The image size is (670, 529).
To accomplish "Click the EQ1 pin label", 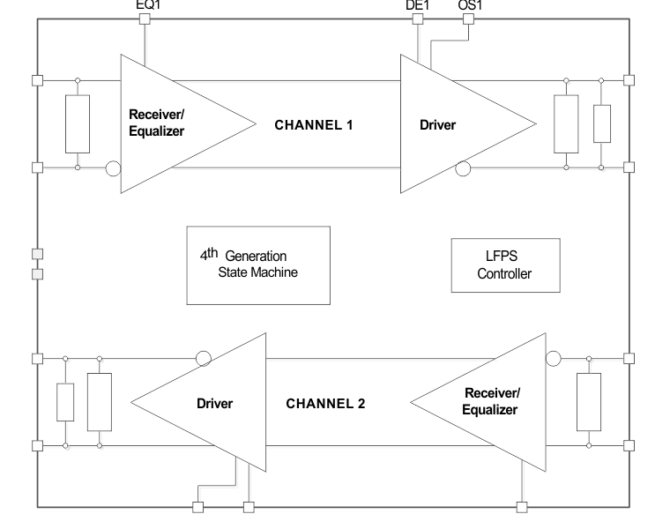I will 147,4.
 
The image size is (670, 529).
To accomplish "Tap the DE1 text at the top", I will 417,4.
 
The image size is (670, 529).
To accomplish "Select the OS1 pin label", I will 470,4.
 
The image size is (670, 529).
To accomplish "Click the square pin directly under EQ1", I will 145,19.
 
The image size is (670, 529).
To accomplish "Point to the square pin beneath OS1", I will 468,19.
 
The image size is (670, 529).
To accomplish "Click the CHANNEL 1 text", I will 314,125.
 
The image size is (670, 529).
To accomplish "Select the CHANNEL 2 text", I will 325,404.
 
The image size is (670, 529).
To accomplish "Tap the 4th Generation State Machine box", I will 258,264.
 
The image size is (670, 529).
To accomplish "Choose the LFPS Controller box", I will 504,265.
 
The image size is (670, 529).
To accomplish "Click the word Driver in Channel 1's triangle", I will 437,125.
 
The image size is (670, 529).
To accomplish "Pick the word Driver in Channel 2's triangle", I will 214,404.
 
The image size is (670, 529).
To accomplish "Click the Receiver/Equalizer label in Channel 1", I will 157,123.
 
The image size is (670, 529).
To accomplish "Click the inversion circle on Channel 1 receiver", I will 113,168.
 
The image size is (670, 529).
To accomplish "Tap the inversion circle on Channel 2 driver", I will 203,358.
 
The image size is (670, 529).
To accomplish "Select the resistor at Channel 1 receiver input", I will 78,123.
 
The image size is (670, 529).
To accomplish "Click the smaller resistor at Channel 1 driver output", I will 602,123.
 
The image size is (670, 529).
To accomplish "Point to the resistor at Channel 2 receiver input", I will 588,402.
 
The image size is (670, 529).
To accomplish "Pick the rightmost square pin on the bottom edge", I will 522,507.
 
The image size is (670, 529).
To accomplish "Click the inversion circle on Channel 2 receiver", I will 553,358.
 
